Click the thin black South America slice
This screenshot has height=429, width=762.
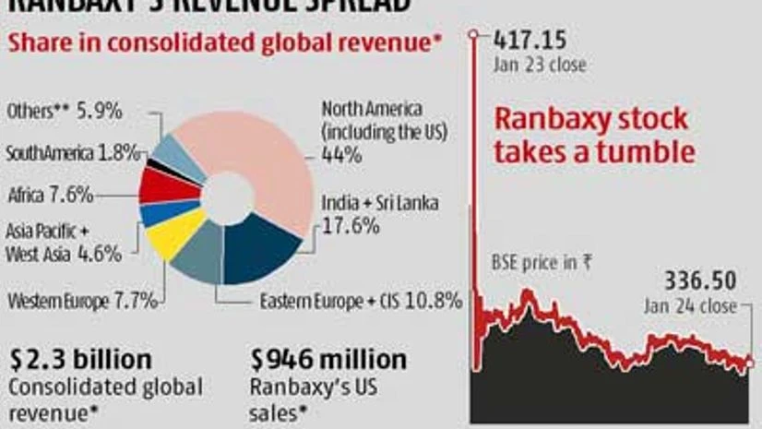pyautogui.click(x=156, y=165)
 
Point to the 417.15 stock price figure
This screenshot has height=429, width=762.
pyautogui.click(x=530, y=41)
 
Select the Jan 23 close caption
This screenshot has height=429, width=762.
pyautogui.click(x=540, y=66)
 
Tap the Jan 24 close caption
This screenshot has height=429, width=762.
pyautogui.click(x=691, y=305)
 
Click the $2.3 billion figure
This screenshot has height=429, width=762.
pyautogui.click(x=80, y=358)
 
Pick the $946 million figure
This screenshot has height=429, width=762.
pyautogui.click(x=328, y=358)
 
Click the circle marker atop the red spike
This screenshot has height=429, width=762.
pyautogui.click(x=475, y=35)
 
